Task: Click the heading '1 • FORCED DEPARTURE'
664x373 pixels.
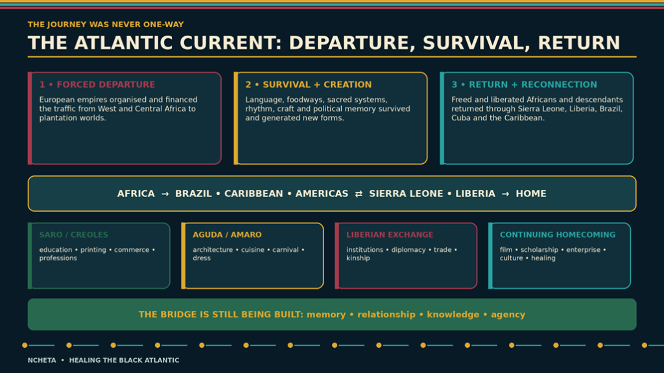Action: [97, 85]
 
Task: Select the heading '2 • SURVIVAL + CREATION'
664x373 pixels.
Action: [308, 85]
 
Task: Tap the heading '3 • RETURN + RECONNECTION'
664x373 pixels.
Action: [524, 85]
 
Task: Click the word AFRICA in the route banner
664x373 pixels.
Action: [136, 194]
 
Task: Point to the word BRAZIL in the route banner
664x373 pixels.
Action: [193, 194]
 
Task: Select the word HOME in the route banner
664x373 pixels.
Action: [531, 194]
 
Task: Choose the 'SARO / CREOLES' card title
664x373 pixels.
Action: [74, 234]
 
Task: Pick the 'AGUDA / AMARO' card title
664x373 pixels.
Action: [227, 234]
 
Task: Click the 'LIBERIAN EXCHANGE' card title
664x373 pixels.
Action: [390, 234]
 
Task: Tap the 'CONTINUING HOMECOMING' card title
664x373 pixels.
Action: [558, 234]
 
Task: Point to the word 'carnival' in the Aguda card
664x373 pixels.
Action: [285, 250]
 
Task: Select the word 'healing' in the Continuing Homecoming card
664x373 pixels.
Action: [543, 258]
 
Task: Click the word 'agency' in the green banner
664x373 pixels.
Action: [508, 315]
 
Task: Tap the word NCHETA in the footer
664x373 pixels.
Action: [42, 360]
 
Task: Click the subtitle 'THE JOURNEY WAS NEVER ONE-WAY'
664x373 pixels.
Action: [106, 25]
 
